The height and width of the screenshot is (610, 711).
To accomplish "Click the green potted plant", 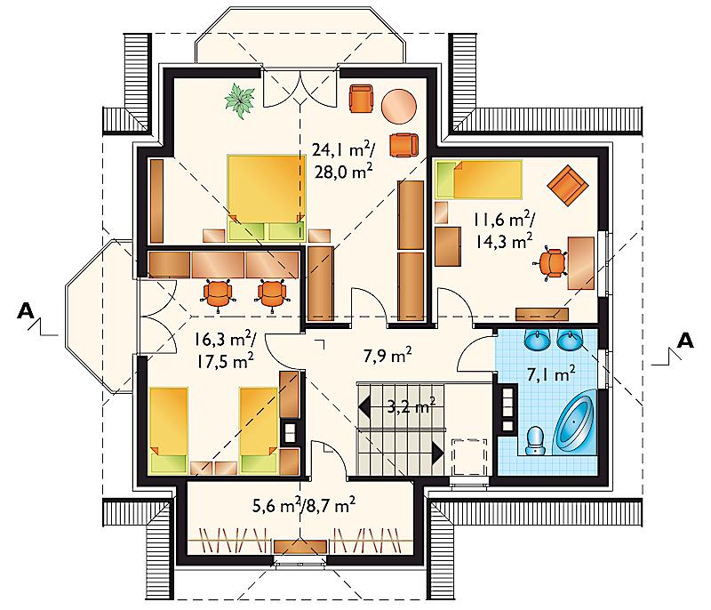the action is (239, 100).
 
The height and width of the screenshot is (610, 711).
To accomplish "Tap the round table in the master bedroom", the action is (399, 106).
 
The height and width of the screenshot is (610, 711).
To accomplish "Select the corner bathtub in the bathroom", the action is (574, 422).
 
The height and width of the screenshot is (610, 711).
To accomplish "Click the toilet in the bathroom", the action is (536, 440).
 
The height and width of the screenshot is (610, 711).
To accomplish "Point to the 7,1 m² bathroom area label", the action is (551, 374).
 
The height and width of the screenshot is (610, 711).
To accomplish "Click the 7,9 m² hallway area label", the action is (387, 356).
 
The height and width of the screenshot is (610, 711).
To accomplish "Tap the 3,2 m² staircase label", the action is (411, 406).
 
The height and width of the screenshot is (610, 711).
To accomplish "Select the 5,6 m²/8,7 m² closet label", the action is (304, 505).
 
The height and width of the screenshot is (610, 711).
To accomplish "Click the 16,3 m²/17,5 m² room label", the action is (226, 350).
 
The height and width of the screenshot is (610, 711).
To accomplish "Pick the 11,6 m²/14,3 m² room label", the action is (504, 231).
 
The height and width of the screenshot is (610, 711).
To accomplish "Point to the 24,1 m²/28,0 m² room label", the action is (343, 160).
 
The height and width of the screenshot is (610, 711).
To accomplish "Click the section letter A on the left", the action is (26, 311).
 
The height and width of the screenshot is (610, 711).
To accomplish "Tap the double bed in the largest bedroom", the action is (266, 197).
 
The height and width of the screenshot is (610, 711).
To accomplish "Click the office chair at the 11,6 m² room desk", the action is (551, 263).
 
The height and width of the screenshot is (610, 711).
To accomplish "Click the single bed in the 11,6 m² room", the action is (478, 179).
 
